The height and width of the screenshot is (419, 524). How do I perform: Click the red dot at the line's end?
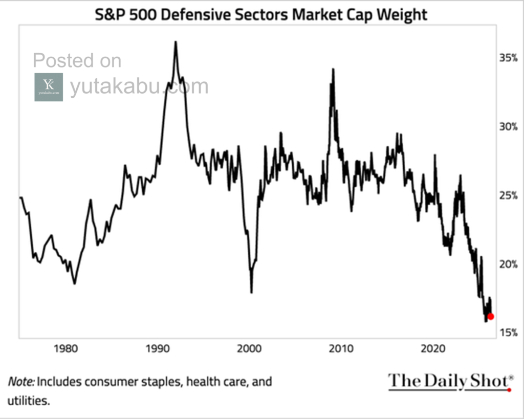pyautogui.click(x=490, y=316)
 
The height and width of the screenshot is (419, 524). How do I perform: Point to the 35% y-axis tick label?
pyautogui.click(x=508, y=58)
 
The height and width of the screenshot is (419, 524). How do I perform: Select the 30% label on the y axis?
pyautogui.click(x=508, y=127)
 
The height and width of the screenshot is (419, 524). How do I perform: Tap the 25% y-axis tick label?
pyautogui.click(x=508, y=196)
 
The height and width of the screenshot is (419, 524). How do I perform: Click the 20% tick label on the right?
pyautogui.click(x=508, y=264)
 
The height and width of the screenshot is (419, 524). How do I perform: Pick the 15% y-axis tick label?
pyautogui.click(x=508, y=333)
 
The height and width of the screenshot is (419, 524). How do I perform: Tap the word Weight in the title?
pyautogui.click(x=402, y=14)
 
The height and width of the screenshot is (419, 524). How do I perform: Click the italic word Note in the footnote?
pyautogui.click(x=20, y=382)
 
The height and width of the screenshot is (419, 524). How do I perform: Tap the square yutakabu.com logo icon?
pyautogui.click(x=49, y=87)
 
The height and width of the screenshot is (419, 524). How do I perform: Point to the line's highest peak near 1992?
pyautogui.click(x=176, y=42)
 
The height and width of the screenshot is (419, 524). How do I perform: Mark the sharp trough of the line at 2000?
pyautogui.click(x=251, y=292)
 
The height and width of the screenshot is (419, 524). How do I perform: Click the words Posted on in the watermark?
pyautogui.click(x=77, y=61)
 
